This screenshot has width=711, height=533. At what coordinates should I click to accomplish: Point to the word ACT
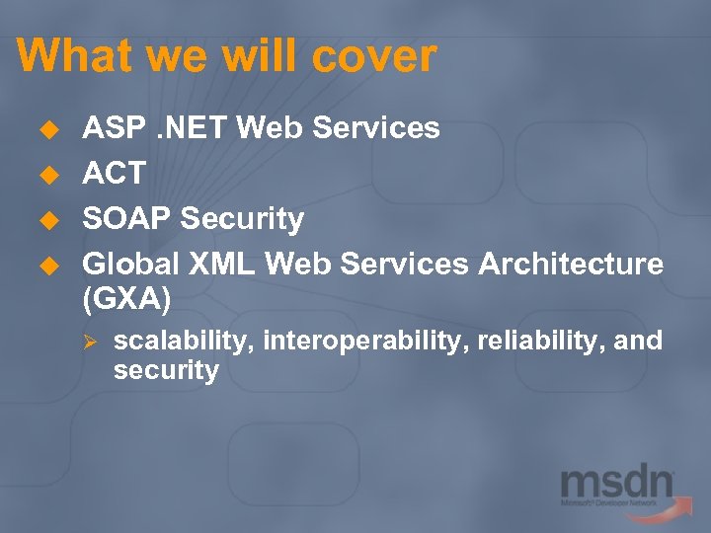(x=114, y=174)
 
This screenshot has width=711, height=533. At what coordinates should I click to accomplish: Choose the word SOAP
(x=127, y=218)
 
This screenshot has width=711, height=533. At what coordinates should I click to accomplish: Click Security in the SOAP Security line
(x=242, y=218)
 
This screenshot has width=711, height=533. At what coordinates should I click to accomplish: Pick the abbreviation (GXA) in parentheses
(x=127, y=296)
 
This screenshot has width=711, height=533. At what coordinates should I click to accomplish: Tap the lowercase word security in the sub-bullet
(x=166, y=371)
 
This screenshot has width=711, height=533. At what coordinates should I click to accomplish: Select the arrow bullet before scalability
(x=88, y=342)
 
